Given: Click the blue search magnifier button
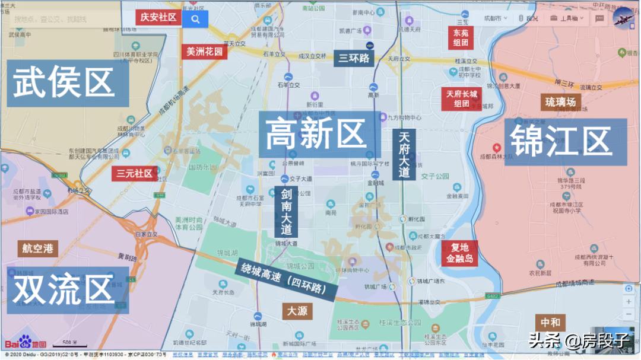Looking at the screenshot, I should (x=195, y=18).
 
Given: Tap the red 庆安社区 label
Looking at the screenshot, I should (x=158, y=17).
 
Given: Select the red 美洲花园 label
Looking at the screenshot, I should (x=205, y=52).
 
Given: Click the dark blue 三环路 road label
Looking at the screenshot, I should (x=354, y=58).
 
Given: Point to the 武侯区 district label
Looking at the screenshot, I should (x=64, y=82).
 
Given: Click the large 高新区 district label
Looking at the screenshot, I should (x=315, y=133).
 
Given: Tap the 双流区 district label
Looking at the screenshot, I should (x=64, y=289).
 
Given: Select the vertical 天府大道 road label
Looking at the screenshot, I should (x=404, y=154).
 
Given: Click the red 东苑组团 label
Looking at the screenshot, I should (x=461, y=38).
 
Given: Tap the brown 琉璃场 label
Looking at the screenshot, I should (x=560, y=102).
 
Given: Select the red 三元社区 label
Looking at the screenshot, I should (x=135, y=173).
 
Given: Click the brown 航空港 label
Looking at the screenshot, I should (x=37, y=248).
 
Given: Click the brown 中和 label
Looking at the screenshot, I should (x=550, y=323).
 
